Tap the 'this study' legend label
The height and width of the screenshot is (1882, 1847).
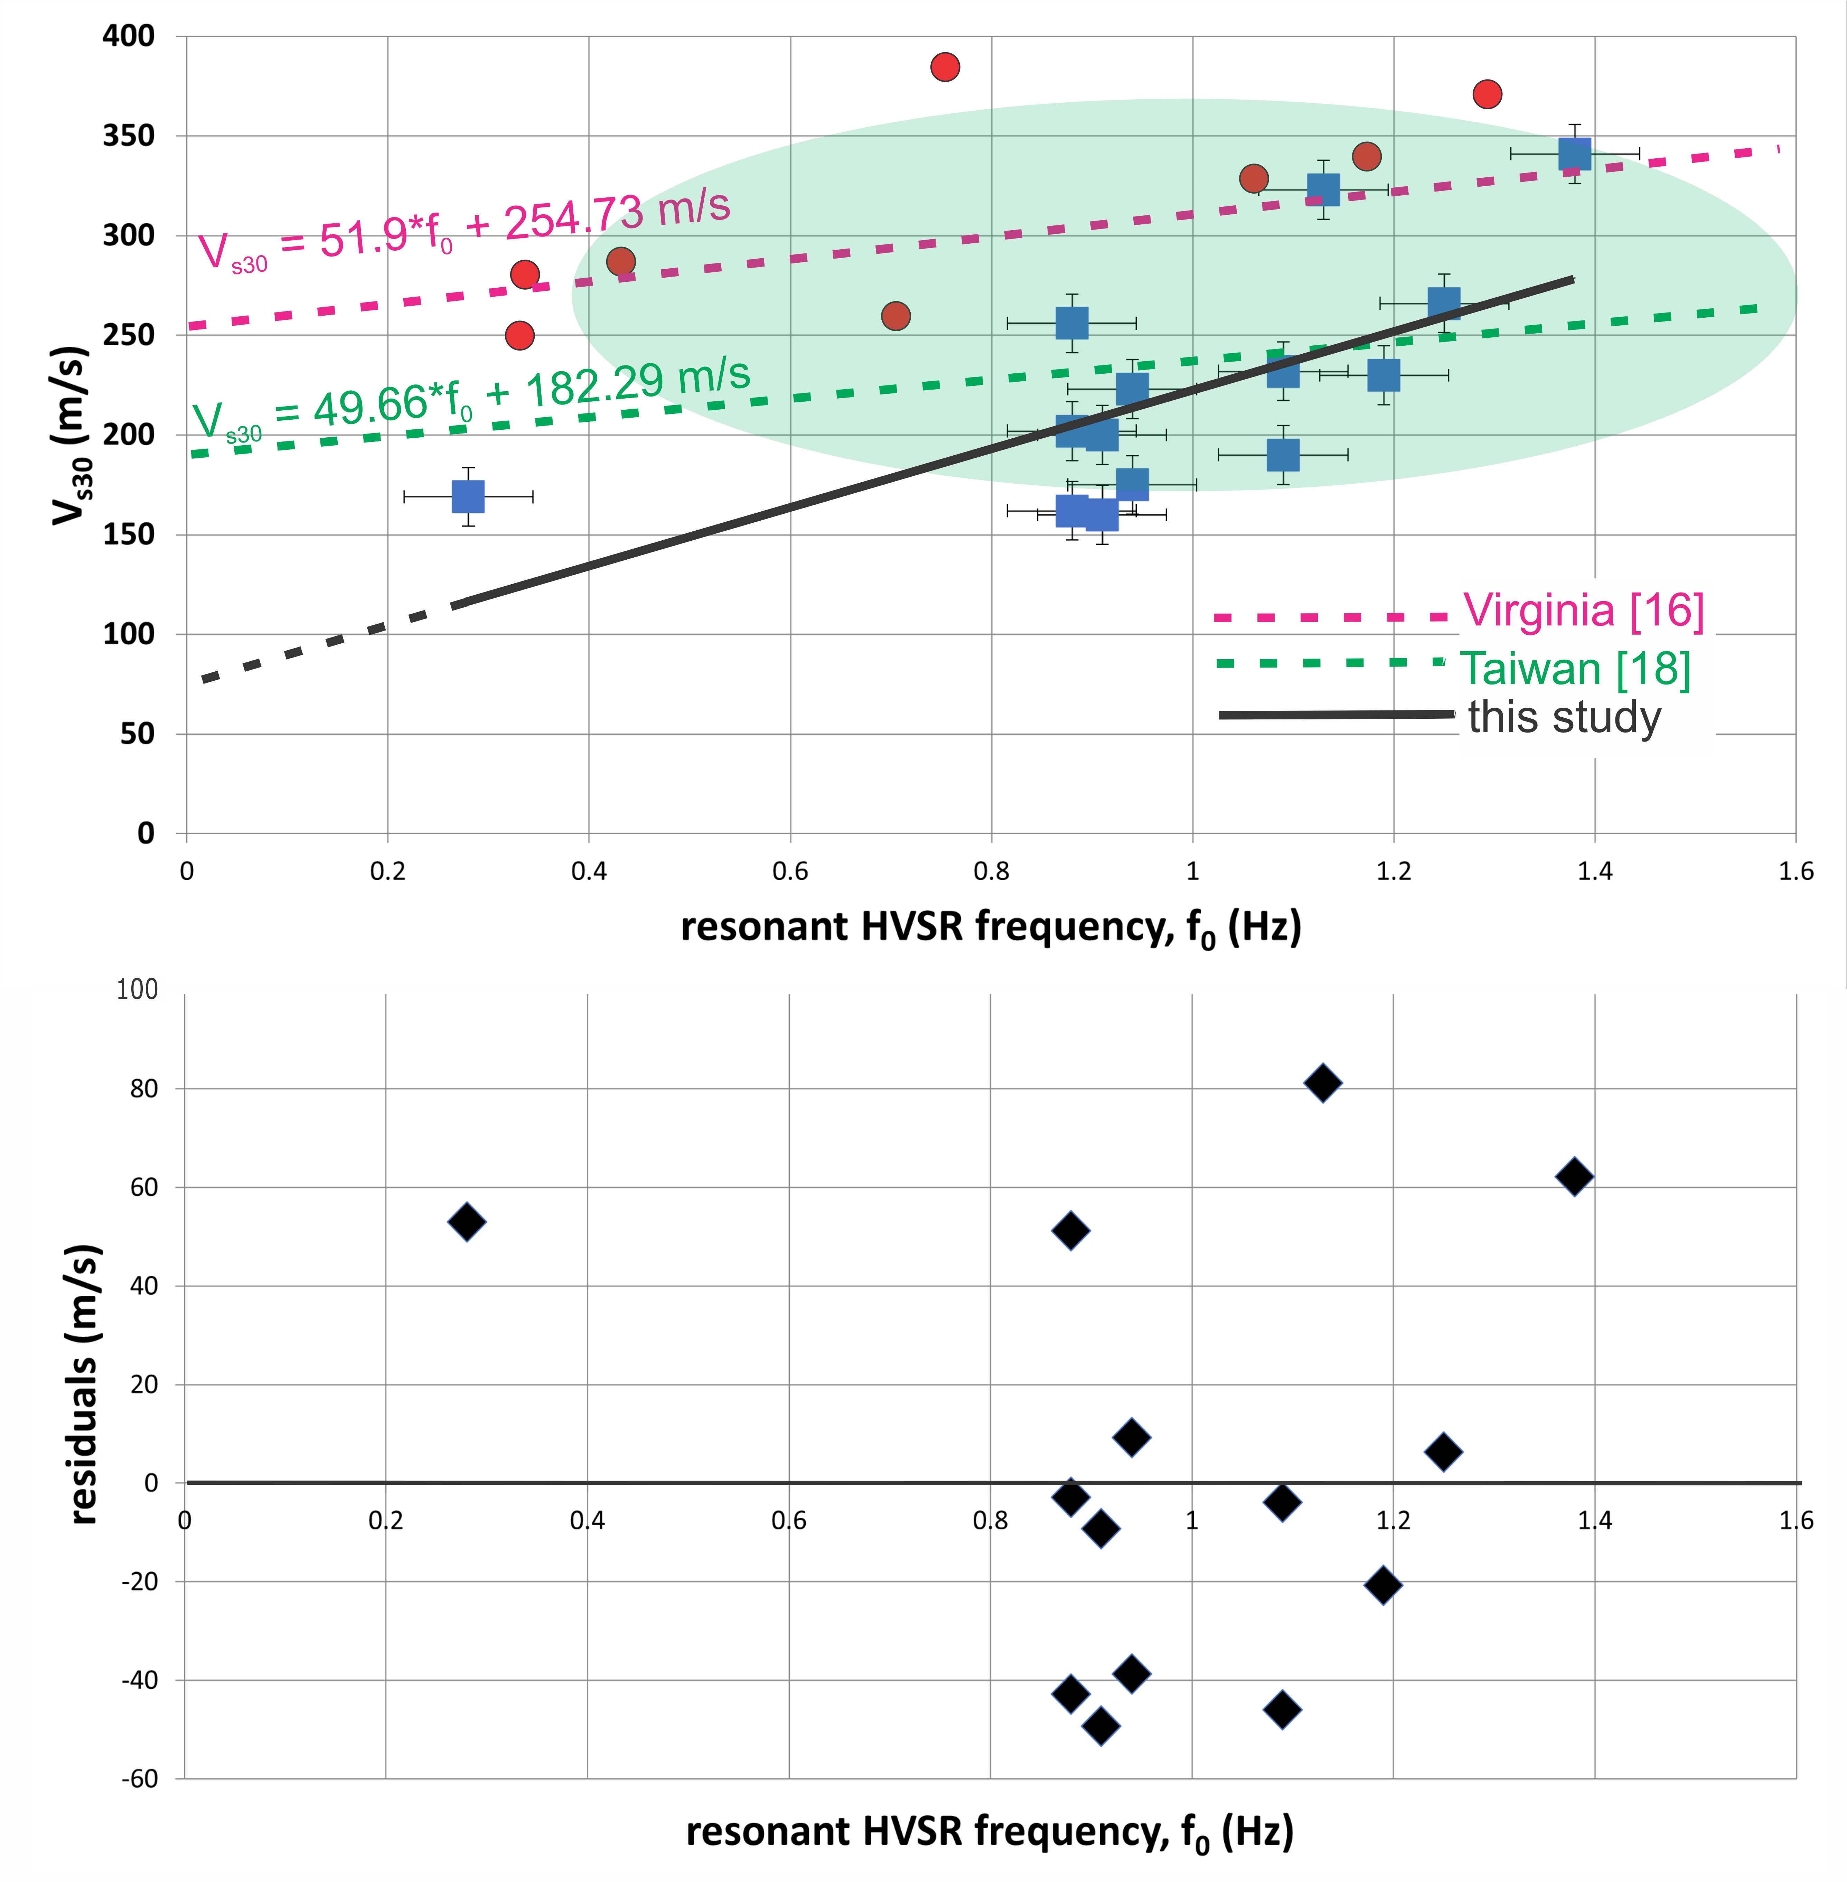tap(1564, 718)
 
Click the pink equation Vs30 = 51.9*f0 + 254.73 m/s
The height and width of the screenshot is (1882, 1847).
tap(464, 233)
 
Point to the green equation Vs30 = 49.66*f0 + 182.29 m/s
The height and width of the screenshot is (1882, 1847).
tap(470, 400)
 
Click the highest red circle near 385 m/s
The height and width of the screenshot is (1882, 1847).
tap(945, 67)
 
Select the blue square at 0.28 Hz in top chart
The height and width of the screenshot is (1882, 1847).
tap(468, 497)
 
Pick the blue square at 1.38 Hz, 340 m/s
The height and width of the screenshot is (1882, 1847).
tap(1574, 153)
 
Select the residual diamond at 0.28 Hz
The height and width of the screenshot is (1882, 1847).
tap(467, 1221)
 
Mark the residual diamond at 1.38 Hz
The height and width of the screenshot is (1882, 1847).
tap(1574, 1177)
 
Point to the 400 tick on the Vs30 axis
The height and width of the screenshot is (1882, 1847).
tap(129, 36)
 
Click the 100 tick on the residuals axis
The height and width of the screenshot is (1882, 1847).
tap(137, 989)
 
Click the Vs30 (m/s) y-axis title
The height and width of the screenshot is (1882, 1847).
tap(73, 435)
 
